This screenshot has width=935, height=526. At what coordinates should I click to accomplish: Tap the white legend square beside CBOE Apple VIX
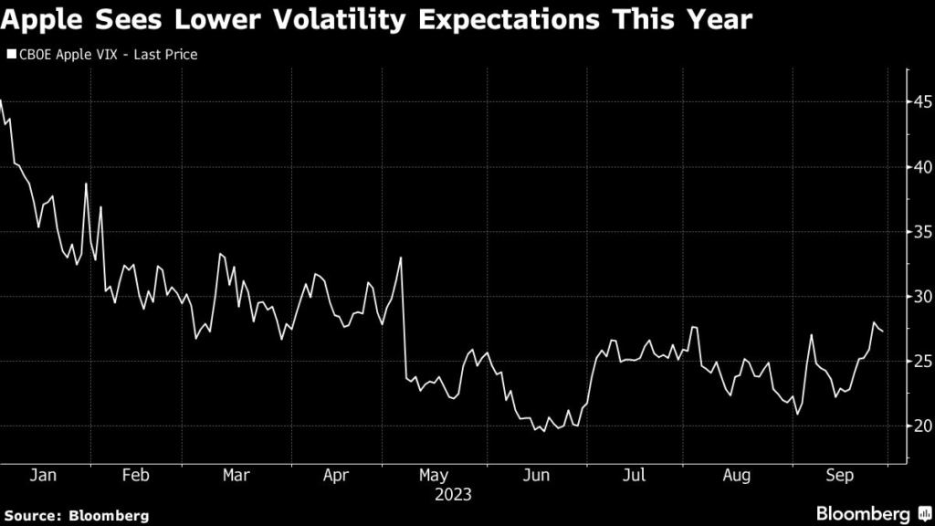pyautogui.click(x=11, y=55)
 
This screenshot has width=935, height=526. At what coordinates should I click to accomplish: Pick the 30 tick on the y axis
pyautogui.click(x=919, y=296)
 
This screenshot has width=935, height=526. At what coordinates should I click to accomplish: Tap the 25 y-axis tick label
pyautogui.click(x=919, y=361)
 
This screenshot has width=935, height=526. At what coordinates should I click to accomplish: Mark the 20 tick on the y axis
pyautogui.click(x=919, y=426)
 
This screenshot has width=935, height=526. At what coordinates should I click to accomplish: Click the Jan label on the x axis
pyautogui.click(x=44, y=476)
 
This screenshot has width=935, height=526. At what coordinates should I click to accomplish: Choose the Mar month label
pyautogui.click(x=236, y=476)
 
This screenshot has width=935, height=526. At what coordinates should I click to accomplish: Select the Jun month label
pyautogui.click(x=536, y=476)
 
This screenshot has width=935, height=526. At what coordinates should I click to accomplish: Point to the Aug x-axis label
pyautogui.click(x=737, y=476)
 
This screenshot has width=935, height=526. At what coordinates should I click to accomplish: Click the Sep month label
pyautogui.click(x=839, y=476)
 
